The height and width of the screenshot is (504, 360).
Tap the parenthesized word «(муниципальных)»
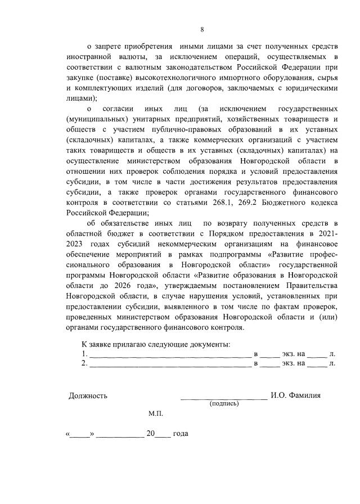click(x=96, y=119)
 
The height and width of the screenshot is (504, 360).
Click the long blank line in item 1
click(x=170, y=354)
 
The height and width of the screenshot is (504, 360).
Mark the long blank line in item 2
click(x=170, y=364)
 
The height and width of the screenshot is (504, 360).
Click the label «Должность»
click(x=88, y=395)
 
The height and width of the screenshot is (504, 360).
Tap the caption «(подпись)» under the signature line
click(x=224, y=403)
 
